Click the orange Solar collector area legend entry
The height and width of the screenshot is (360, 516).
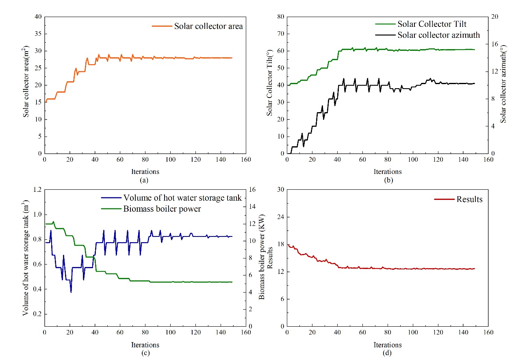(197, 26)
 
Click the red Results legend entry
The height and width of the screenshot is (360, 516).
(458, 199)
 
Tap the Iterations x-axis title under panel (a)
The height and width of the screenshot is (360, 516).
(145, 171)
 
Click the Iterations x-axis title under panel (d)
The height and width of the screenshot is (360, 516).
(388, 345)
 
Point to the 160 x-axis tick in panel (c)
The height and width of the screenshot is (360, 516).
(246, 332)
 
